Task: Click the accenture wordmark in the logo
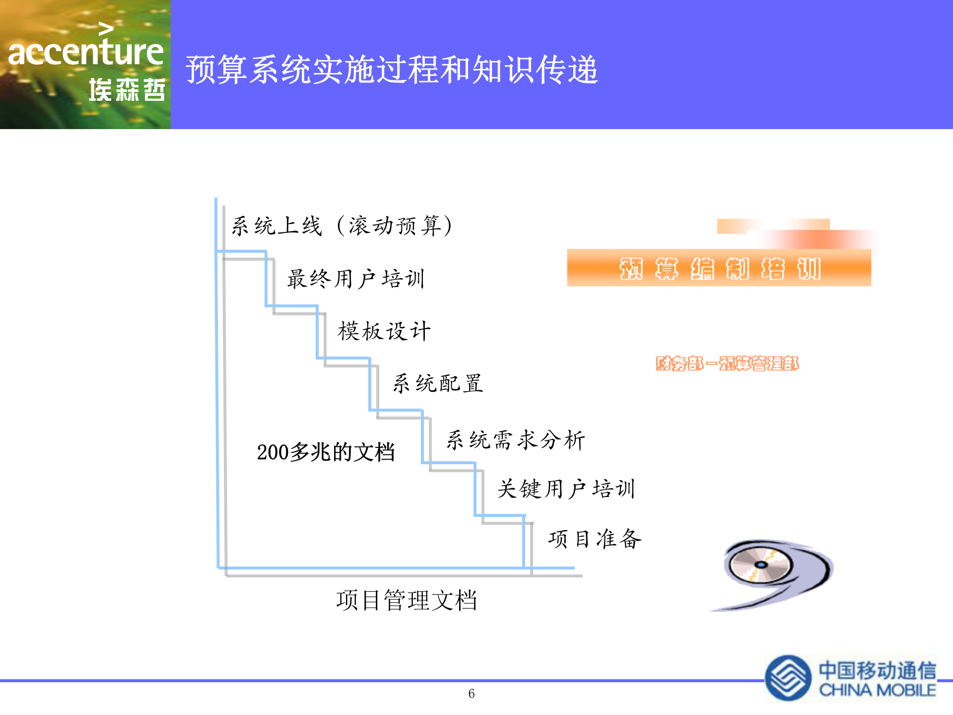[x=85, y=52]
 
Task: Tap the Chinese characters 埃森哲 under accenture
[x=127, y=90]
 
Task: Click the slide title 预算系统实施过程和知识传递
[x=392, y=70]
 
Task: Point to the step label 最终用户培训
[x=356, y=279]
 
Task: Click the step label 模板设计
[x=384, y=331]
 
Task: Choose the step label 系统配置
[x=438, y=384]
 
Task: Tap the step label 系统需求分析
[x=516, y=440]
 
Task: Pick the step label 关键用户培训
[x=566, y=489]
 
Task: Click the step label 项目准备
[x=595, y=539]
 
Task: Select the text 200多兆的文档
[x=326, y=452]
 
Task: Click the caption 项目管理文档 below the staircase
[x=407, y=600]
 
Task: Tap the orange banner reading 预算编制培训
[x=719, y=268]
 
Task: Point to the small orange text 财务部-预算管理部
[x=727, y=363]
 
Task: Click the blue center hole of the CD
[x=760, y=565]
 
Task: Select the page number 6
[x=472, y=694]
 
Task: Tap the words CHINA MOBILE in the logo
[x=877, y=691]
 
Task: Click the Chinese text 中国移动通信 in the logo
[x=877, y=670]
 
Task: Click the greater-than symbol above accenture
[x=106, y=29]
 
